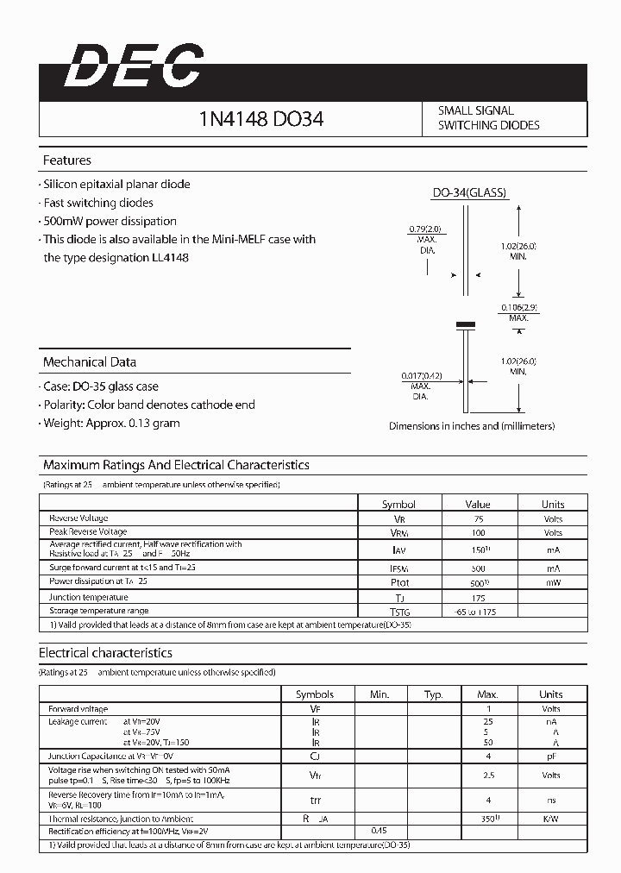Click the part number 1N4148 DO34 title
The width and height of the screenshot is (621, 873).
click(x=260, y=119)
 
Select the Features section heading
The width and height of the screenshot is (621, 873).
click(x=67, y=160)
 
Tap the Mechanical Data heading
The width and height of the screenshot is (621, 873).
click(x=90, y=362)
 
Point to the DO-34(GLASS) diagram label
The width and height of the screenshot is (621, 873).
click(x=468, y=193)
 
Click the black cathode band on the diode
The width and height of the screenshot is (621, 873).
click(x=466, y=324)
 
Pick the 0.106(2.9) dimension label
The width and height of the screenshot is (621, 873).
click(x=518, y=308)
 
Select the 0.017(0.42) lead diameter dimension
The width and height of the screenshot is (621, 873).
click(x=422, y=376)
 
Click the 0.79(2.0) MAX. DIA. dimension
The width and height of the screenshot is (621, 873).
click(x=425, y=229)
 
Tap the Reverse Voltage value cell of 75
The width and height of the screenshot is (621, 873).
click(x=479, y=518)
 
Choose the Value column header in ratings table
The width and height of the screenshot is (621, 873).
click(x=478, y=504)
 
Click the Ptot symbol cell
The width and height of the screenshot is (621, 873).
click(x=398, y=583)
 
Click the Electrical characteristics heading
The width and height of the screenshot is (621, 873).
click(x=105, y=653)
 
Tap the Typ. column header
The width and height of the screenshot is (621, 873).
click(x=434, y=694)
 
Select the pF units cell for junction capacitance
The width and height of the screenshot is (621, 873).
click(x=551, y=756)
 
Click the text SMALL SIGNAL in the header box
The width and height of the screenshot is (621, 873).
click(x=475, y=110)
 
